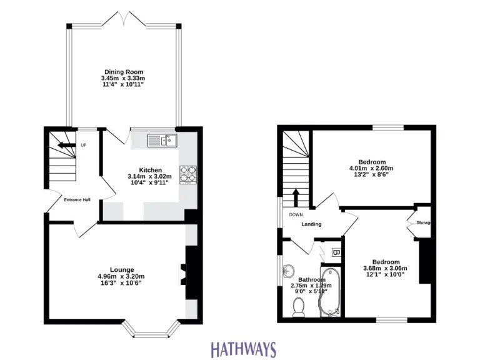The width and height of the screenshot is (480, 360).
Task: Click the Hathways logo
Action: tap(243, 347)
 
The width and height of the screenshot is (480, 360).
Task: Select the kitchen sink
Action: tap(163, 141)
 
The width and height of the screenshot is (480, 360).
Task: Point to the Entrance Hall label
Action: tap(77, 200)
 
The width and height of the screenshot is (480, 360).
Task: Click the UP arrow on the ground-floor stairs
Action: tap(64, 146)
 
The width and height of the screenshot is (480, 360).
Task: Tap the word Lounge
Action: tap(122, 269)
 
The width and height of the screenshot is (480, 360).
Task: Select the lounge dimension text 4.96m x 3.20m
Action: tap(122, 276)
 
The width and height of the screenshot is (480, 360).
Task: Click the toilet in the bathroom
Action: tap(299, 306)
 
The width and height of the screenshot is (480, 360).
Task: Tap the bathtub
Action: tap(329, 292)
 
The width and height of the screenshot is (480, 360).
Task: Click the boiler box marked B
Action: tap(336, 253)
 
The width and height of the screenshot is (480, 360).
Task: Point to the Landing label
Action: tap(311, 224)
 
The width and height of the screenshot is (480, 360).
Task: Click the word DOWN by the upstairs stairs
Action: tap(296, 214)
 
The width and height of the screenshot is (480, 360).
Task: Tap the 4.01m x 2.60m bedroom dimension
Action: tap(371, 168)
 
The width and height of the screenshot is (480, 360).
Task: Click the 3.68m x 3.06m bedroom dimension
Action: tap(385, 269)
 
